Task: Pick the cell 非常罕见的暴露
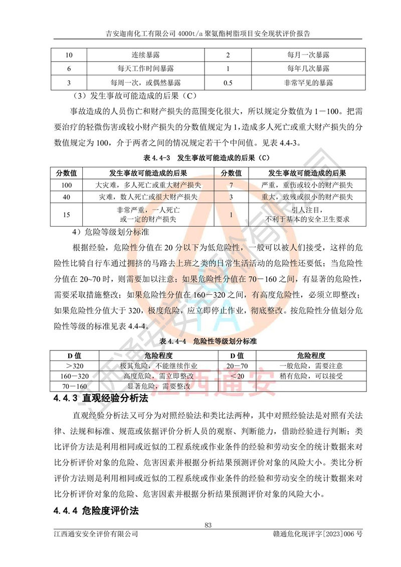tap(308, 82)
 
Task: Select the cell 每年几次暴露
tap(308, 68)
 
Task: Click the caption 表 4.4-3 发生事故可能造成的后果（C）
tap(200, 158)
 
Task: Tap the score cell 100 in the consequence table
tap(67, 185)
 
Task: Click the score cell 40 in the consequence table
tap(67, 197)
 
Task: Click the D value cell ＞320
tap(74, 366)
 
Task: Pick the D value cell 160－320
tap(74, 376)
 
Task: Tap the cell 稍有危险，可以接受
tap(308, 376)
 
